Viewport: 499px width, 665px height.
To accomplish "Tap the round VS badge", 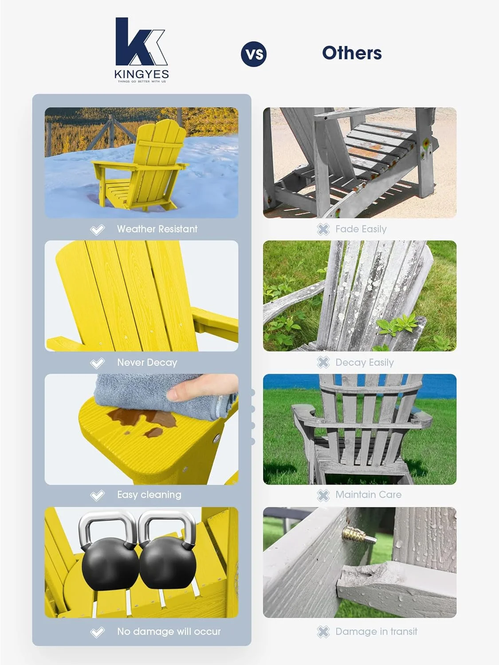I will tap(254, 54).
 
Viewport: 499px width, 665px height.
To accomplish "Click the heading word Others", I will tap(352, 53).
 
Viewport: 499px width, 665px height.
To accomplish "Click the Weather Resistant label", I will tap(157, 229).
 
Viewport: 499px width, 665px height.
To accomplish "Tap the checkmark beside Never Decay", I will tap(97, 363).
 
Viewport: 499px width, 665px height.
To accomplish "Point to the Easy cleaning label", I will tap(149, 495).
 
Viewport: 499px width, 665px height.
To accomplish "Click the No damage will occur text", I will tap(169, 632).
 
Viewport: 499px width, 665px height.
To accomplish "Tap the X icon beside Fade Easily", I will tap(323, 229).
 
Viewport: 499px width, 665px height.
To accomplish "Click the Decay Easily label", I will tap(364, 363).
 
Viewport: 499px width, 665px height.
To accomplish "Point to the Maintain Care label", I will tap(368, 495).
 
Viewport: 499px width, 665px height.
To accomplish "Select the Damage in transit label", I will tap(376, 632).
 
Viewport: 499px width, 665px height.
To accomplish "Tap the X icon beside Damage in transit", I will tap(323, 632).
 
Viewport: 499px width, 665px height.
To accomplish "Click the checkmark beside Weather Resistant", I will tap(97, 230).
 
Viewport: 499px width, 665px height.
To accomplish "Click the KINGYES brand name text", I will tap(141, 74).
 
